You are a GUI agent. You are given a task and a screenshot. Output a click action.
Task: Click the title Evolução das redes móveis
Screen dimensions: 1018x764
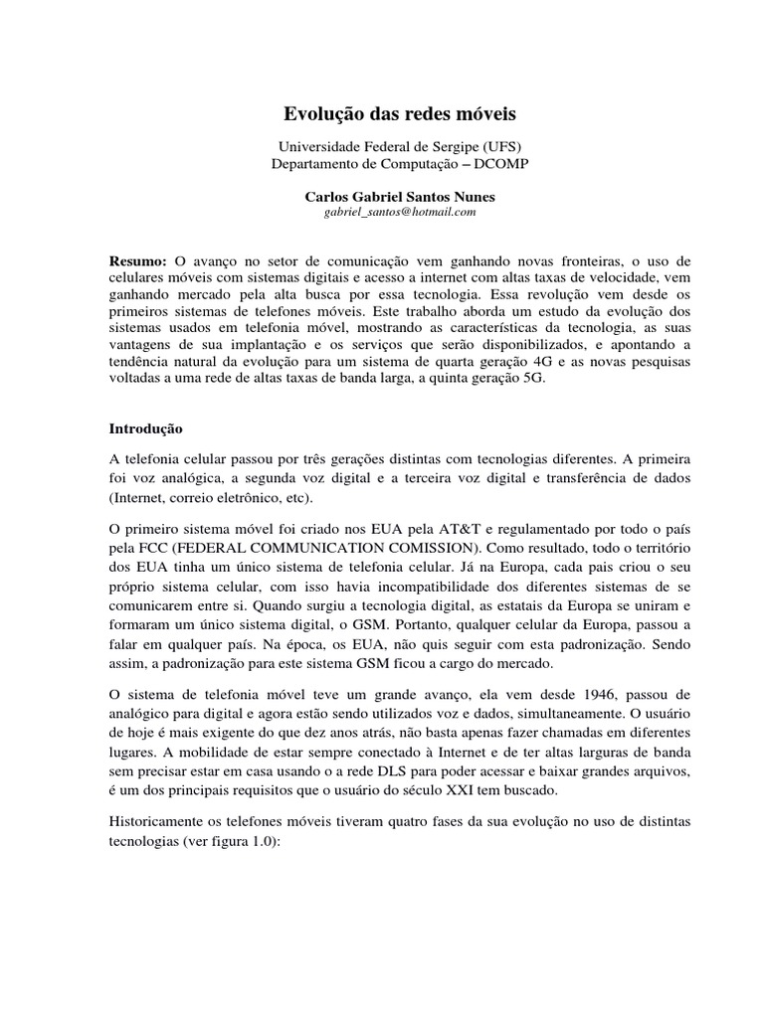tap(381, 114)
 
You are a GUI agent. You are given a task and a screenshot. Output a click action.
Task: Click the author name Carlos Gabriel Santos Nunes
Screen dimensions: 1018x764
tap(381, 196)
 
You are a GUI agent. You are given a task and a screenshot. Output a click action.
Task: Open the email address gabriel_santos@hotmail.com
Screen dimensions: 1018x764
tap(381, 212)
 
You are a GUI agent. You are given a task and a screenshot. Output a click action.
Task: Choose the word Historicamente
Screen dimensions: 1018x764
tap(160, 824)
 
